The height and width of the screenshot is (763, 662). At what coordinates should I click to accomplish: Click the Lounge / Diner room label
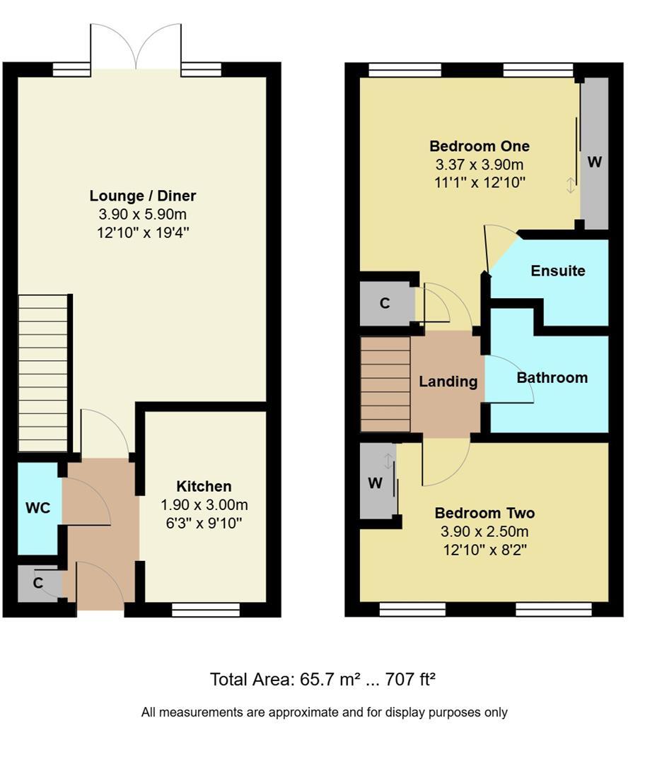(143, 196)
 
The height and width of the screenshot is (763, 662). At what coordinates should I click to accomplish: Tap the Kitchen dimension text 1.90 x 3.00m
(204, 504)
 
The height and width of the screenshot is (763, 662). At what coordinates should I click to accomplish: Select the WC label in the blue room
(38, 508)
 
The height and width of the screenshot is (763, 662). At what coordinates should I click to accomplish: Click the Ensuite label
(558, 271)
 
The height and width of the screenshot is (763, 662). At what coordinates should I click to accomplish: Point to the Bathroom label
(552, 377)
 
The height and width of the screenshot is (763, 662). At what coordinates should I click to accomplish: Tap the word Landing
(448, 381)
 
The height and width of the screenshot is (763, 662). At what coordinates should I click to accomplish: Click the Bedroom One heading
(480, 146)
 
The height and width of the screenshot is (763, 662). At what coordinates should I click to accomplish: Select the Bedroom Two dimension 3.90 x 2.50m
(484, 531)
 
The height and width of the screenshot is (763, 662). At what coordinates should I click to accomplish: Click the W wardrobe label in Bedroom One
(594, 162)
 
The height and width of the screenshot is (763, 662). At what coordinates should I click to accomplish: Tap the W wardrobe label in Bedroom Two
(375, 483)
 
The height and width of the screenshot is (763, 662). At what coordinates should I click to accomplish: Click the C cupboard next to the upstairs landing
(385, 303)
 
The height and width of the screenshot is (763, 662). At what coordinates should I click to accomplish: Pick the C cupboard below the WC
(38, 582)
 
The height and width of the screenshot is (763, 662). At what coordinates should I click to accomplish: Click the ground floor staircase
(43, 373)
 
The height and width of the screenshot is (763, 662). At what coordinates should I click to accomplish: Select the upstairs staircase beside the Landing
(385, 384)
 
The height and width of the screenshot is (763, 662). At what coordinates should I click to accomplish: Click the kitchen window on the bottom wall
(206, 610)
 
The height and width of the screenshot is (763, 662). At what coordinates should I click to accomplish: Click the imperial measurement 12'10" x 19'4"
(143, 232)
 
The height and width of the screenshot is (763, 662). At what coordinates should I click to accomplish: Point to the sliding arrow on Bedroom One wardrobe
(570, 185)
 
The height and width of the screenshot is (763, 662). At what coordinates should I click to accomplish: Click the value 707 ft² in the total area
(410, 679)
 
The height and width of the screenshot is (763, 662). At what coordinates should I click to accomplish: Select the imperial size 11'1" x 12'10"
(480, 182)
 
